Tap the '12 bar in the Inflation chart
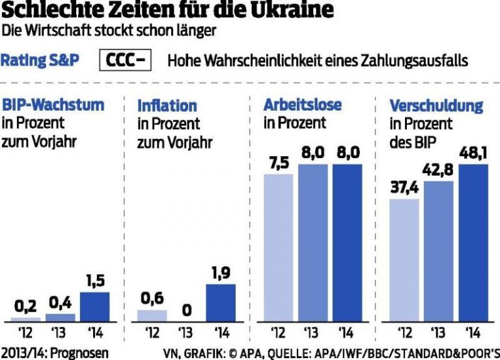pyautogui.click(x=152, y=315)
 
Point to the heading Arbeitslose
pyautogui.click(x=302, y=105)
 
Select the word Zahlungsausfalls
pyautogui.click(x=417, y=61)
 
